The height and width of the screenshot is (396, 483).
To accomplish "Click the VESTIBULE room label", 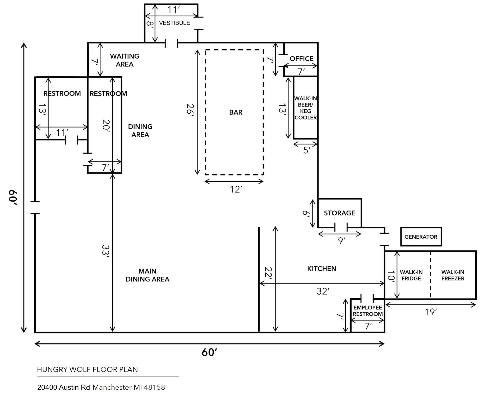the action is point(174,23).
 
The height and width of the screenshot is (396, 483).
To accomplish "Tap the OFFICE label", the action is point(301,59).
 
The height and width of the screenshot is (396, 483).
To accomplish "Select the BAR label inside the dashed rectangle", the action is point(236,112).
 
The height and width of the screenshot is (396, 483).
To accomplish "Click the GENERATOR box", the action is point(421,237).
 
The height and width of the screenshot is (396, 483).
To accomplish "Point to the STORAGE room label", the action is point(339,213).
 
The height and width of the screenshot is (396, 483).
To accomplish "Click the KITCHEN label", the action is point(321,269).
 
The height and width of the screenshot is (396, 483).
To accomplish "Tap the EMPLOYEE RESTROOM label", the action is point(368,311).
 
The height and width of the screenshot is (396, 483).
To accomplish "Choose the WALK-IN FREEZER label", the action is point(453,275).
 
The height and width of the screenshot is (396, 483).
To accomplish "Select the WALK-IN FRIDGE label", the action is point(411,275).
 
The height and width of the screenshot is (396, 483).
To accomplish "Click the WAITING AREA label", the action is point(125,60).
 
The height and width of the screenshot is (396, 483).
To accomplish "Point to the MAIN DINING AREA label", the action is point(147,275).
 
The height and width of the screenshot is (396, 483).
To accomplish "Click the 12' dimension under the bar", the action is point(236,189).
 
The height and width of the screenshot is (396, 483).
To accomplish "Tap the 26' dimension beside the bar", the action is point(190,109).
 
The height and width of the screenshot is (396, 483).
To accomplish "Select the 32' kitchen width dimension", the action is point(323,291).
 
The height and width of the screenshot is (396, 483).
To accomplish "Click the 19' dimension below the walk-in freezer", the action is point(431,312).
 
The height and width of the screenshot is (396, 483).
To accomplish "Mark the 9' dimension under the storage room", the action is point(342,241).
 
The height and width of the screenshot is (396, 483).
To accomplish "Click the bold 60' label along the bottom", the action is point(209,352).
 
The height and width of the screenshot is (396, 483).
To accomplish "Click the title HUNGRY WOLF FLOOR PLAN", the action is point(88,369).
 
